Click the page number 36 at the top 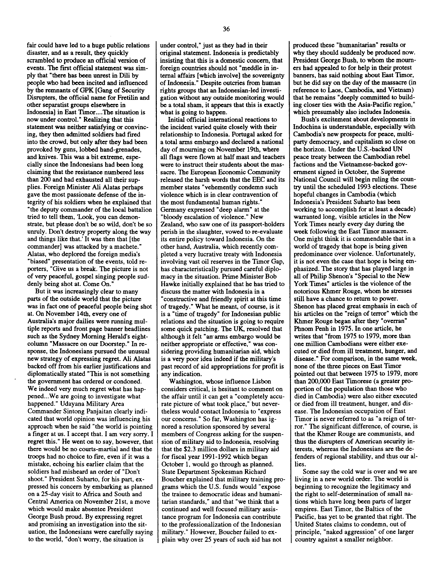226,29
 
